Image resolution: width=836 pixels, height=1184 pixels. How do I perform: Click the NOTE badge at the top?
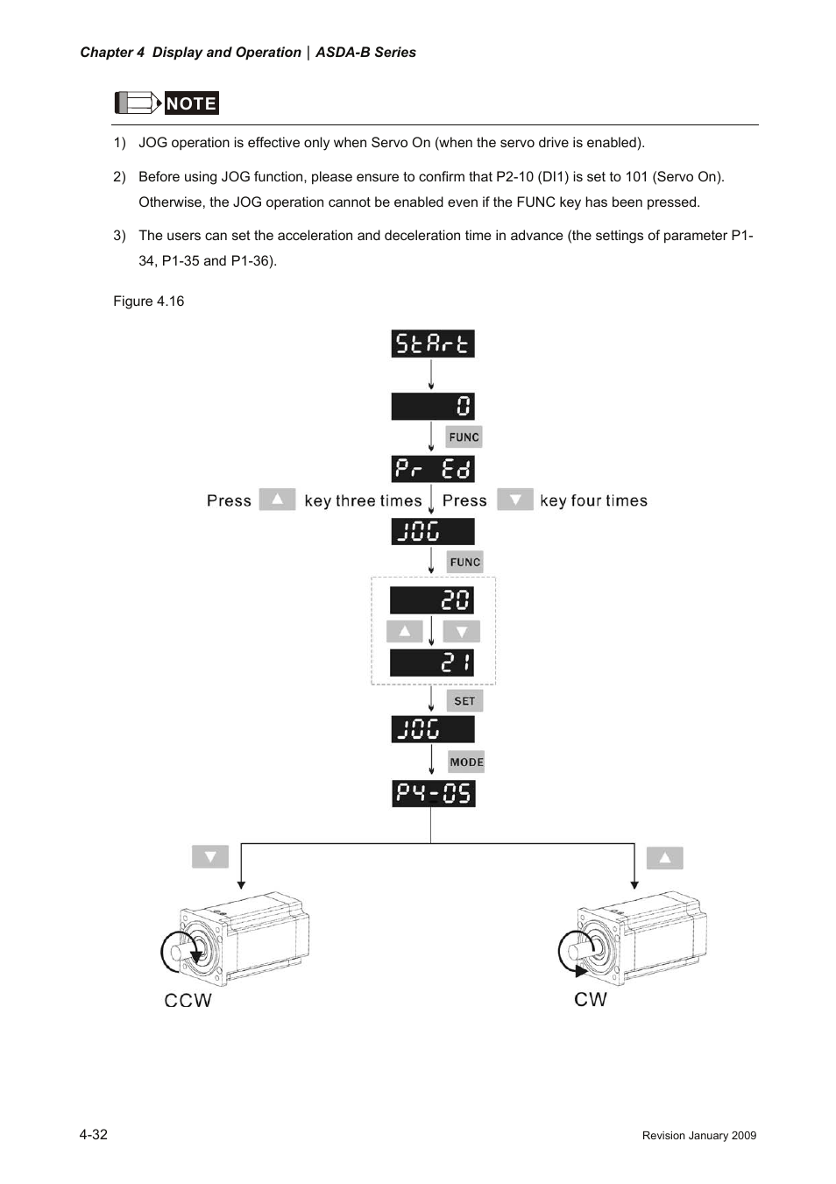[x=191, y=103]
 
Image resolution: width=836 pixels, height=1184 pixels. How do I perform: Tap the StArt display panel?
[x=432, y=344]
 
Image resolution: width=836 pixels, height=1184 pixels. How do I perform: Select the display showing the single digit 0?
[x=432, y=406]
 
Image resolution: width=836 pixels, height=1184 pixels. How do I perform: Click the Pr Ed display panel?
[x=432, y=469]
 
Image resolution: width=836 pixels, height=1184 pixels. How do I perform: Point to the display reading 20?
[x=432, y=600]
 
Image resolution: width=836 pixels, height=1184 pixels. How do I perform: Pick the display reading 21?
[x=432, y=663]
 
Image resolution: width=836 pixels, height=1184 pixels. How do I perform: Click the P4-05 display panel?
[x=433, y=793]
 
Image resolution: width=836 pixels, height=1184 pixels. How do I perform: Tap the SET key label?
[x=464, y=701]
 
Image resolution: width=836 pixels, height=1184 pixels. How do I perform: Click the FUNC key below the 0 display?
[x=464, y=436]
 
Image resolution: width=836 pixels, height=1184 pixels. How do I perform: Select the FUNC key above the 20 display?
[x=464, y=562]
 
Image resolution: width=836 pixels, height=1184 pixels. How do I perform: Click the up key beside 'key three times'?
[x=277, y=500]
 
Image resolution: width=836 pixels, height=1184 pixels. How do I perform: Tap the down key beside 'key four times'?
[x=515, y=500]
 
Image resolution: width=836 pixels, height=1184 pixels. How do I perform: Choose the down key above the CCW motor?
[x=210, y=856]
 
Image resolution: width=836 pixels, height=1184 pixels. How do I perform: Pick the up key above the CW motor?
[x=664, y=858]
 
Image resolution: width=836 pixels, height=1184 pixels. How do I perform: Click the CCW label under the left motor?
[x=188, y=1000]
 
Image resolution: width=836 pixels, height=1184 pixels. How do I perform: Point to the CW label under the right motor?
[x=591, y=999]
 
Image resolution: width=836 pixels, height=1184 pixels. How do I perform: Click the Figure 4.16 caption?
[x=149, y=301]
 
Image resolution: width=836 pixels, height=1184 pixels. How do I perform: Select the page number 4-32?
[x=94, y=1134]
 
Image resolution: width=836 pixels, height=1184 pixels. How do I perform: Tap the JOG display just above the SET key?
[x=432, y=729]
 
